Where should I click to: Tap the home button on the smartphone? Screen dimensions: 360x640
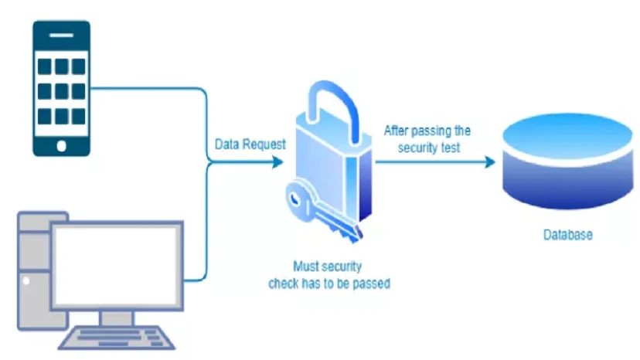click(x=61, y=144)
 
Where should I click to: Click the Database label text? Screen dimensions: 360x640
click(x=567, y=234)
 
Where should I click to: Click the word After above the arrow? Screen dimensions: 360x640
click(x=399, y=131)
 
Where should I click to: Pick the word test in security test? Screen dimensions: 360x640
click(x=450, y=147)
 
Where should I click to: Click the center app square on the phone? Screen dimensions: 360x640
click(x=61, y=91)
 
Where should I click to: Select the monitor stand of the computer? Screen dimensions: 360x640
click(x=117, y=318)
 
